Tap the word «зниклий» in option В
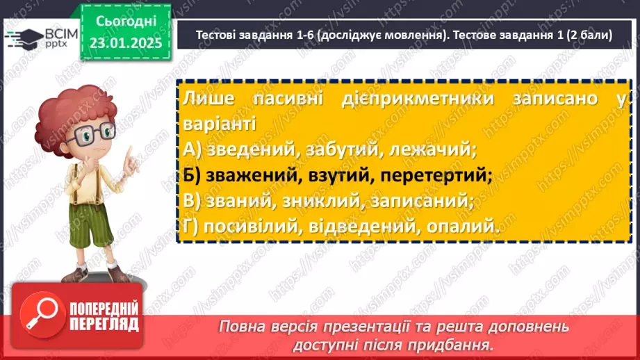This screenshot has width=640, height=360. [323, 201]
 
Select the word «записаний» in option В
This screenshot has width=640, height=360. [430, 201]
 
